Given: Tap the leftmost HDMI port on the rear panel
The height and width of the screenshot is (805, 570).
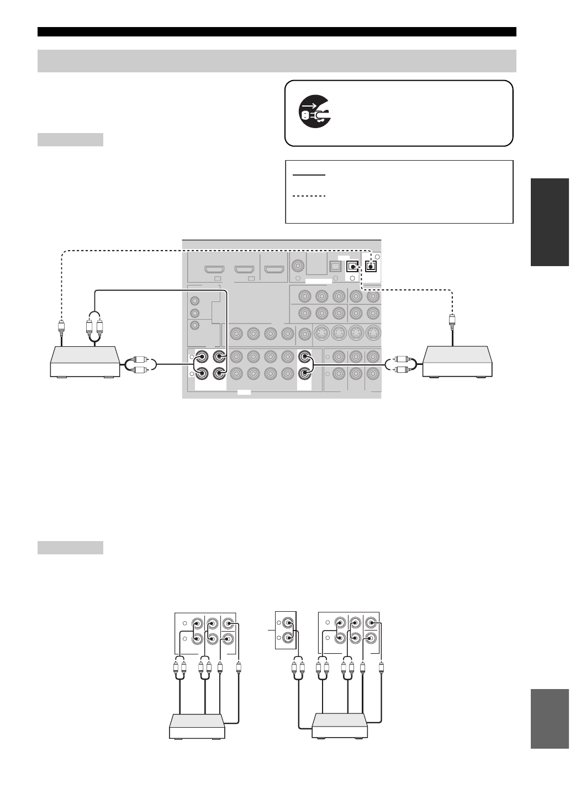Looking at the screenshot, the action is pos(214,270).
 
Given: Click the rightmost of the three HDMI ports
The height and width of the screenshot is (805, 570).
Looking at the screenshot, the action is pos(273,270).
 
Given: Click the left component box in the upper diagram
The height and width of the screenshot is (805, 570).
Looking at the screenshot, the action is pos(85,362).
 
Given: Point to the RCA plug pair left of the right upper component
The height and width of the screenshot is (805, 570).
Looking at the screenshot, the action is pos(400,365).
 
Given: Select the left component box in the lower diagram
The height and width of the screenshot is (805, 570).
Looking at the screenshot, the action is pos(197,727).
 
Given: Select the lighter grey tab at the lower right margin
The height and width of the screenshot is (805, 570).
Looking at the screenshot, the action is pos(550,718).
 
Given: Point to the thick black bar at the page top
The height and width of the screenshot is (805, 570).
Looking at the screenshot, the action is pos(277,31).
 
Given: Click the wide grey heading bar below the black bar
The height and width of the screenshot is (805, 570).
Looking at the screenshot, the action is pos(277,61).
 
